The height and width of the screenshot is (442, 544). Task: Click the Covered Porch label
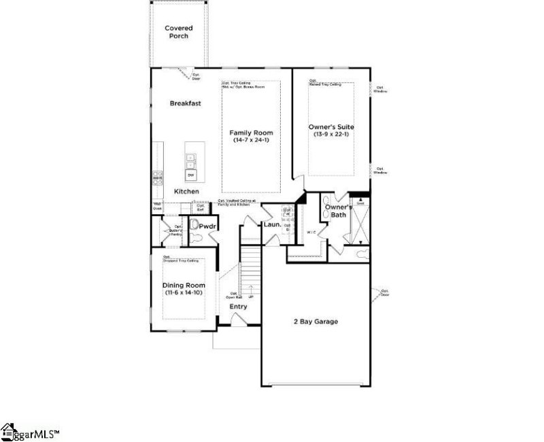pyautogui.click(x=178, y=32)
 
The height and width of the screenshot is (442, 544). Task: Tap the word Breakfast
pyautogui.click(x=185, y=103)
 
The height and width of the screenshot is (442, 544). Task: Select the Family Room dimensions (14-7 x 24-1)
pyautogui.click(x=251, y=139)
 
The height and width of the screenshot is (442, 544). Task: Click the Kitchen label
pyautogui.click(x=186, y=192)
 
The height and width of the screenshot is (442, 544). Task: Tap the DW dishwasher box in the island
pyautogui.click(x=191, y=175)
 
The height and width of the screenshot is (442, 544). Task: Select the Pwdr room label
pyautogui.click(x=207, y=224)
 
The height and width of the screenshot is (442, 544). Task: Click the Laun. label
pyautogui.click(x=273, y=224)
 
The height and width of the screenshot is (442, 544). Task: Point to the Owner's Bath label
pyautogui.click(x=338, y=211)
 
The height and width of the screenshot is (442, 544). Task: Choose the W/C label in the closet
pyautogui.click(x=312, y=232)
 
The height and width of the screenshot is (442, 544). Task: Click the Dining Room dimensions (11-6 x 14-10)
pyautogui.click(x=183, y=292)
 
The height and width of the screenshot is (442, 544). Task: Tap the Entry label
pyautogui.click(x=238, y=307)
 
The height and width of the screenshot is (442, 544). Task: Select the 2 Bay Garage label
pyautogui.click(x=315, y=322)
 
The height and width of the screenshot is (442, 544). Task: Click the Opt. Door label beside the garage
pyautogui.click(x=386, y=293)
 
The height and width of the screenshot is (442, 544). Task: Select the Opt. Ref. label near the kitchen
pyautogui.click(x=201, y=208)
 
